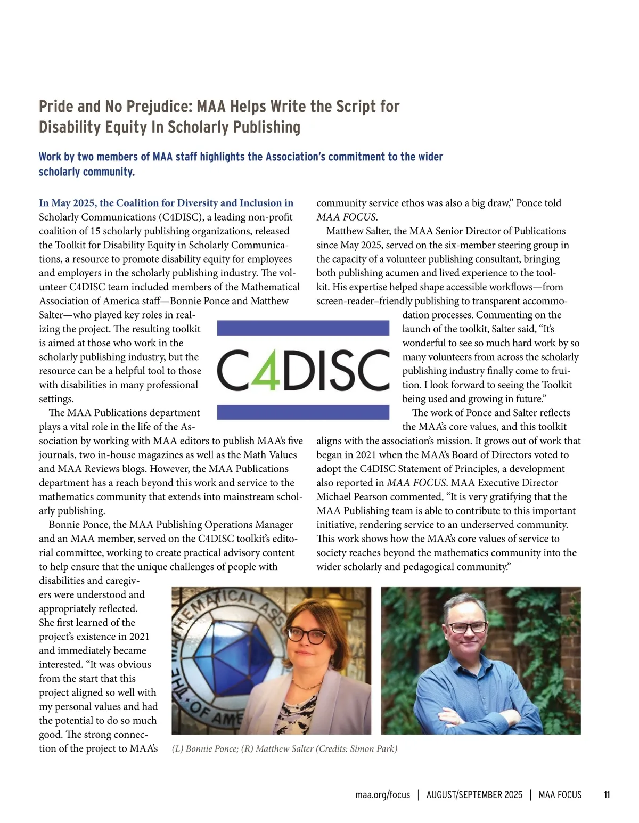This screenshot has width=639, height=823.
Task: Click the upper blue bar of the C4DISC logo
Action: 303,328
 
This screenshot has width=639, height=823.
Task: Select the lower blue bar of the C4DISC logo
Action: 303,412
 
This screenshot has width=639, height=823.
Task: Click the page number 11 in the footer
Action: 607,795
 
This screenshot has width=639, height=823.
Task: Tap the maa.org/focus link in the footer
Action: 382,795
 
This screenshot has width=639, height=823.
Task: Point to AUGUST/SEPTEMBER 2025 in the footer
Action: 474,795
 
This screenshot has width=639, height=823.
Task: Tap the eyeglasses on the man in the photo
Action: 467,627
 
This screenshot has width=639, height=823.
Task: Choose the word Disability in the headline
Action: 68,127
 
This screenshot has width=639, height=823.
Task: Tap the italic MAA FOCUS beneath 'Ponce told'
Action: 346,217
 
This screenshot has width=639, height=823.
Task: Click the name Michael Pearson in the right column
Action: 353,496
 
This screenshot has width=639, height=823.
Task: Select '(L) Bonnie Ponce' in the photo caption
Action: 204,748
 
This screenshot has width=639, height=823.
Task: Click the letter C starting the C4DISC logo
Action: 233,369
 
